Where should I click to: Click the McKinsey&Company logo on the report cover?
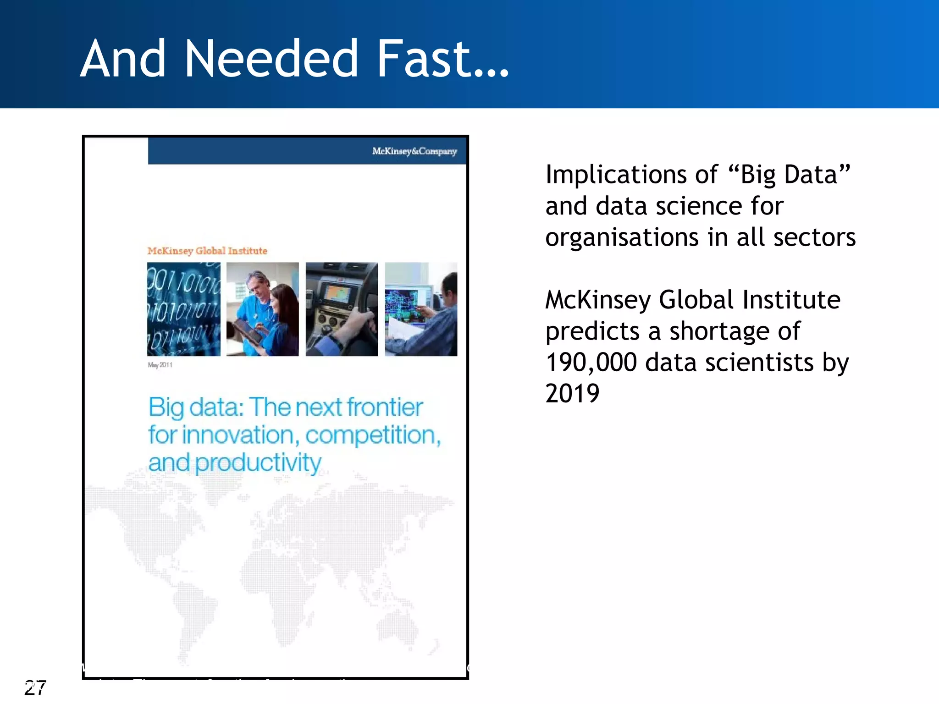tap(414, 151)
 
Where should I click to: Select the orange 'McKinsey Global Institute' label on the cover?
tap(207, 251)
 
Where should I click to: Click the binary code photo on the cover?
tap(184, 309)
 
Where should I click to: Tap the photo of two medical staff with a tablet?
tap(263, 309)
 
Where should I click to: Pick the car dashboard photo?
tap(342, 309)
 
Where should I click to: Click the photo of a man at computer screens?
tap(421, 309)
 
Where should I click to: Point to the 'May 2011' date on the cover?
tap(160, 365)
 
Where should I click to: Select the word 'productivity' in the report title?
tap(258, 463)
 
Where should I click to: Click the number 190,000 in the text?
tap(591, 363)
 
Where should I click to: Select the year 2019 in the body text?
tap(572, 394)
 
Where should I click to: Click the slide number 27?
tap(35, 687)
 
